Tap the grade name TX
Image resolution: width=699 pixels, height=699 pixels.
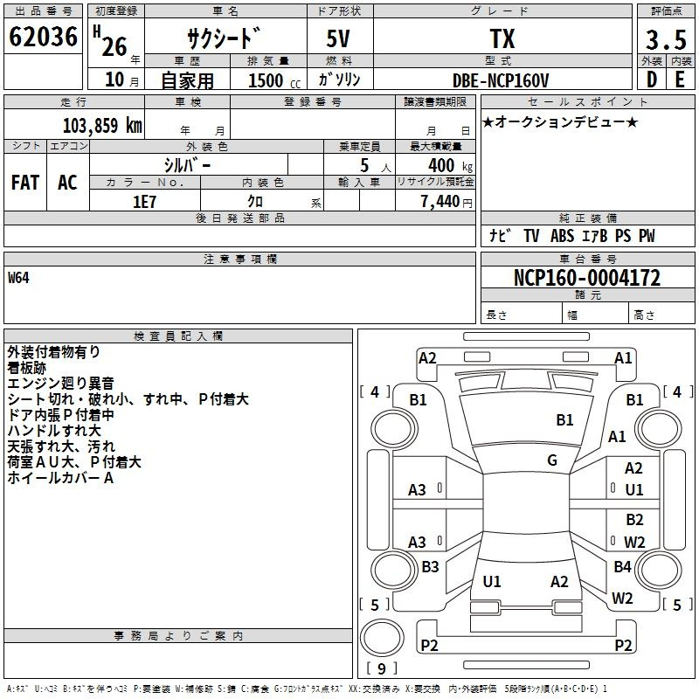point(502,39)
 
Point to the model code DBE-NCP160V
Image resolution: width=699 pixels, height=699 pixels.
point(502,80)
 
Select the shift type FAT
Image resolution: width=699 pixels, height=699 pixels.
point(25,183)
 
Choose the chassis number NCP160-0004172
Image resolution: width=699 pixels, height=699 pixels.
point(586,279)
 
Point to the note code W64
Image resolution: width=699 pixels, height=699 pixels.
point(19,279)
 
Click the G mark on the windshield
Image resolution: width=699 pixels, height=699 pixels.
point(552,460)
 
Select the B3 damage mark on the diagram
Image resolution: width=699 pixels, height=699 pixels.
point(430,567)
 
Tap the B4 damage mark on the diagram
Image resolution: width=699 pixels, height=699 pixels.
point(622,567)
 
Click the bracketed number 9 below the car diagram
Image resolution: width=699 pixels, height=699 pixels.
point(381,669)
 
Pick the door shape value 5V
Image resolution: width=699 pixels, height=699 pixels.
point(341,39)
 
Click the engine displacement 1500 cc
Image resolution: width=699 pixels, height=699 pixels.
point(270,80)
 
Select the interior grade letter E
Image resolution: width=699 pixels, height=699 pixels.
point(679,80)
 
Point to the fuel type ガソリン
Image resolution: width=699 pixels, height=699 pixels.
point(340,80)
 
